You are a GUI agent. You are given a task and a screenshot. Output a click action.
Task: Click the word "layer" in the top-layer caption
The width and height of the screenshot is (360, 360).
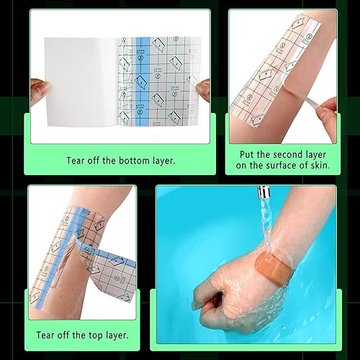(x=120, y=335)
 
